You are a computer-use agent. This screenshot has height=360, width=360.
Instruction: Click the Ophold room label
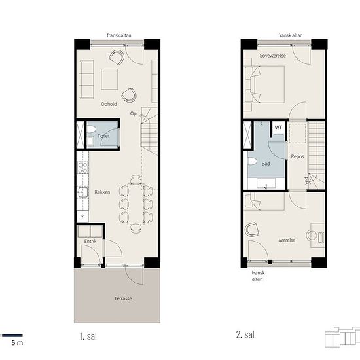coord(109,104)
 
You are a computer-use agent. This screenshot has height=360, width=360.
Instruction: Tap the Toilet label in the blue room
coord(103,136)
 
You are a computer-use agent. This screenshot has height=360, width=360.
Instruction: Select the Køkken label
coord(102,192)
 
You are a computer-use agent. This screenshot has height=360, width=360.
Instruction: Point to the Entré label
coord(90,241)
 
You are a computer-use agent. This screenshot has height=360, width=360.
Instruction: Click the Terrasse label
coord(123,298)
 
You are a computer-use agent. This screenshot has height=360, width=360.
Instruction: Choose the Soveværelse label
coord(273,56)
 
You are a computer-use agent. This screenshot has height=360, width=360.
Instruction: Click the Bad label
coord(266,164)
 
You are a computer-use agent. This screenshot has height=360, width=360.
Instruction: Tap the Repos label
coord(298,156)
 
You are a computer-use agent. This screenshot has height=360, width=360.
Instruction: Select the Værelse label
coord(287,240)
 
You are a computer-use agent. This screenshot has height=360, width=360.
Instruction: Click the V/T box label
coord(278,128)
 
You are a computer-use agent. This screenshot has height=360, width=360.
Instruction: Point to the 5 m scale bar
coord(12,335)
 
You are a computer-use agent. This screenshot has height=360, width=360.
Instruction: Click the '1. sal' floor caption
coord(88,336)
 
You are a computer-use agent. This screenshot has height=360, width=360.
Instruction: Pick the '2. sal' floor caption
coord(245,334)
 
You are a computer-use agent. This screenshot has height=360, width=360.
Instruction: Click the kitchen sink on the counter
coord(82,192)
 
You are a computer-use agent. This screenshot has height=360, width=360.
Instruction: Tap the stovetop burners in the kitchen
coord(82,168)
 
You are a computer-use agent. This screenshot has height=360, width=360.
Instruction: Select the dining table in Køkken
coord(136,204)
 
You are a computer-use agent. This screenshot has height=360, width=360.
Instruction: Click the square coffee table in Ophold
coord(109,79)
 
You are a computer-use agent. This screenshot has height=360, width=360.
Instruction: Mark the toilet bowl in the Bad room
coord(252,161)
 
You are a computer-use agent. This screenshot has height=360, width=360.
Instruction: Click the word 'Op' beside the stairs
coord(134,113)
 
